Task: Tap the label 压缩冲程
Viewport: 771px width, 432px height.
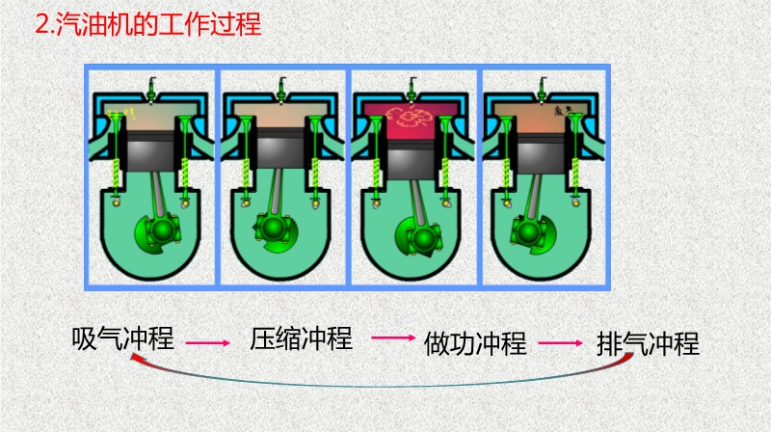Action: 302,338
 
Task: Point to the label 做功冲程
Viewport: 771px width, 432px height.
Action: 475,343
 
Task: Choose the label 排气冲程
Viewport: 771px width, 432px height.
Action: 649,343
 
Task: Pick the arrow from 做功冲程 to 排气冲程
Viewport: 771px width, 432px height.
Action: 561,342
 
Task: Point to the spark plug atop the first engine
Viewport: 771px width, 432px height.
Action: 151,92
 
